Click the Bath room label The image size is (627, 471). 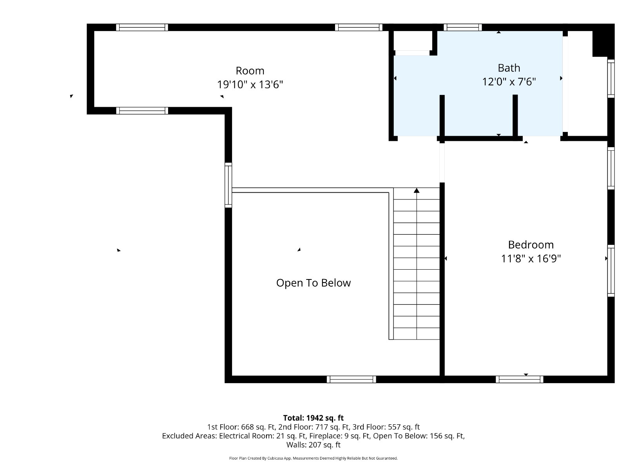click(x=509, y=68)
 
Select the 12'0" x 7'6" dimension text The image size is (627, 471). click(x=509, y=82)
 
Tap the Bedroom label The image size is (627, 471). click(x=531, y=245)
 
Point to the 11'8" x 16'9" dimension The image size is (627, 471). click(x=531, y=259)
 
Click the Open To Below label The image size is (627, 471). click(x=313, y=283)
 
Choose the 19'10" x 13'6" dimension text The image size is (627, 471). click(x=250, y=85)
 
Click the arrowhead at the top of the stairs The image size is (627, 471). click(x=417, y=190)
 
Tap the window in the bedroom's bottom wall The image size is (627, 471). click(x=519, y=379)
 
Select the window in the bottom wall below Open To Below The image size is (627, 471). click(x=352, y=379)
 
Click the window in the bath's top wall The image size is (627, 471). click(x=463, y=27)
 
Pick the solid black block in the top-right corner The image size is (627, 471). click(x=603, y=40)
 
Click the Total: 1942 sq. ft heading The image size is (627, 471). click(x=313, y=418)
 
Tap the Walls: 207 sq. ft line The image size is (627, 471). click(x=313, y=445)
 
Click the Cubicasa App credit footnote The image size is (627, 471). click(x=313, y=458)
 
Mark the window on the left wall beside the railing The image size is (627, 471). click(x=228, y=185)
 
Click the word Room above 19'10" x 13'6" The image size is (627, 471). click(x=250, y=71)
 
